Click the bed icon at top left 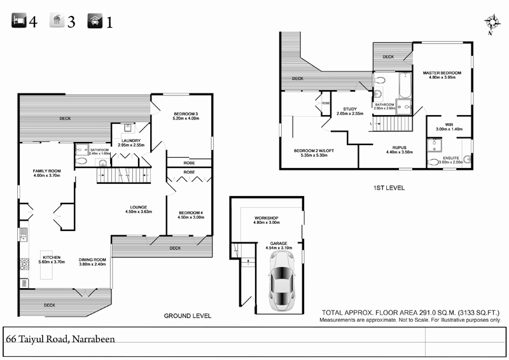tap(18, 22)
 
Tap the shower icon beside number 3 tap(57, 22)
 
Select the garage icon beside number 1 tap(95, 22)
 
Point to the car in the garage tap(282, 280)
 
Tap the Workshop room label tap(267, 219)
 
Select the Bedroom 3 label tap(185, 115)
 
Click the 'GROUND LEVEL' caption tap(187, 315)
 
